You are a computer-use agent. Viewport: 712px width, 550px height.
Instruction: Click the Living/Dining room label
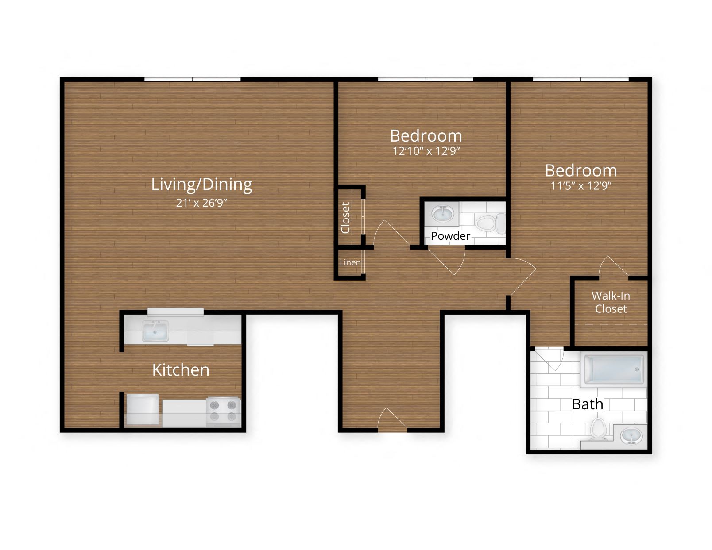click(201, 185)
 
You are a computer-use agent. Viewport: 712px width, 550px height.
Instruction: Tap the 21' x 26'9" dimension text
click(201, 203)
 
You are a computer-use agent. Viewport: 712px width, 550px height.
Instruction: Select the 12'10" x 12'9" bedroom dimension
click(426, 151)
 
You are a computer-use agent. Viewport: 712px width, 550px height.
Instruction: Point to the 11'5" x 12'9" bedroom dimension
click(580, 186)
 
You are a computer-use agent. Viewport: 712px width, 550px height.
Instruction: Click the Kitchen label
click(181, 370)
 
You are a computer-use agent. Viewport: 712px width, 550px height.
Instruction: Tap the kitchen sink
click(155, 331)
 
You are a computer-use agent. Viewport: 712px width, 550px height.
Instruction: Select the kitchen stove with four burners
click(223, 411)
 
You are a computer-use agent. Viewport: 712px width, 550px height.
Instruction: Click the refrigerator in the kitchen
click(143, 409)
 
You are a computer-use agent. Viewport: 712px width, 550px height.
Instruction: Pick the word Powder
click(450, 236)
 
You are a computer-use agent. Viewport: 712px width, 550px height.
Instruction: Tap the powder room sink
click(442, 215)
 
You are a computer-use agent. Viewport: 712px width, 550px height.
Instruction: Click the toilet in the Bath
click(598, 429)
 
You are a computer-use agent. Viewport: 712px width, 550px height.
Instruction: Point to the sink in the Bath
click(631, 436)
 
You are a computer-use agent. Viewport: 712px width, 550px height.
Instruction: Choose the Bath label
click(587, 404)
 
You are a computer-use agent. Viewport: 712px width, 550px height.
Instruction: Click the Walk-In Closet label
click(611, 302)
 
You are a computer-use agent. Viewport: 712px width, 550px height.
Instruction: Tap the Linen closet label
click(350, 262)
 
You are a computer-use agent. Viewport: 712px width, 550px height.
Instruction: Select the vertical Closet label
click(346, 217)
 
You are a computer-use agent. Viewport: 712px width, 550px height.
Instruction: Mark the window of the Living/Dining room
click(192, 80)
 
